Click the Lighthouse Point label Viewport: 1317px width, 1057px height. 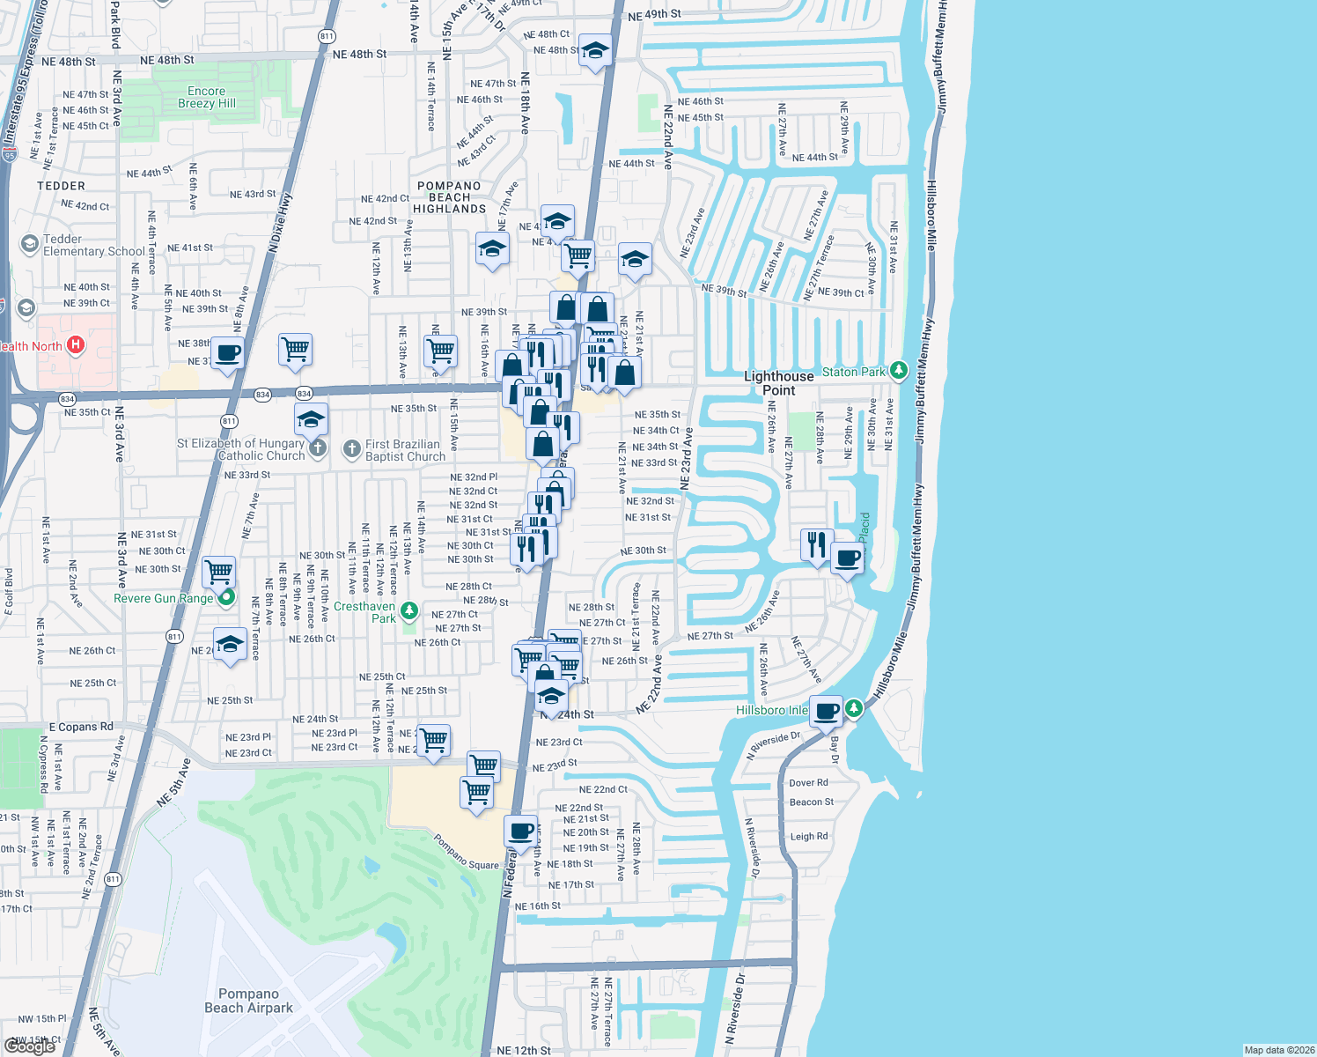click(x=778, y=383)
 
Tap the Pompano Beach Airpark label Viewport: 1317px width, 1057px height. click(x=248, y=1001)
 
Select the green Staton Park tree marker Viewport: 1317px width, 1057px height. click(x=898, y=371)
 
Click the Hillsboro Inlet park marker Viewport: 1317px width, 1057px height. click(x=853, y=708)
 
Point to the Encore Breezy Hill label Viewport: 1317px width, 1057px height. click(x=207, y=97)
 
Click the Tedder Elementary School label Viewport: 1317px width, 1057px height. click(x=93, y=245)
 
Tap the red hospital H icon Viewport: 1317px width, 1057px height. click(x=76, y=344)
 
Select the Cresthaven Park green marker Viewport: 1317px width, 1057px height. click(x=408, y=610)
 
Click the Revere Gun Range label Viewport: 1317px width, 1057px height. click(x=163, y=598)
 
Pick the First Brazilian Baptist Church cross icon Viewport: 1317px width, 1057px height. click(x=352, y=450)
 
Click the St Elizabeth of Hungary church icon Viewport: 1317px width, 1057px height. click(x=318, y=449)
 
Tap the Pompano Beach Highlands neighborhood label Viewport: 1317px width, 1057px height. click(x=449, y=197)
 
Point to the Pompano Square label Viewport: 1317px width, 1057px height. click(x=467, y=853)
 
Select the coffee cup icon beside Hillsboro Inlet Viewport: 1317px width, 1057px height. click(x=826, y=710)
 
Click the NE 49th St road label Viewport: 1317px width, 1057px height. click(x=654, y=15)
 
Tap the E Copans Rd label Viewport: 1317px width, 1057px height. click(x=81, y=727)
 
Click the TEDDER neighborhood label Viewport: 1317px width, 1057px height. click(x=62, y=186)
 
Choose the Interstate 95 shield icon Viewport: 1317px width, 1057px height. click(x=9, y=155)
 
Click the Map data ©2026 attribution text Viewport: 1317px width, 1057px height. click(x=1279, y=1050)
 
